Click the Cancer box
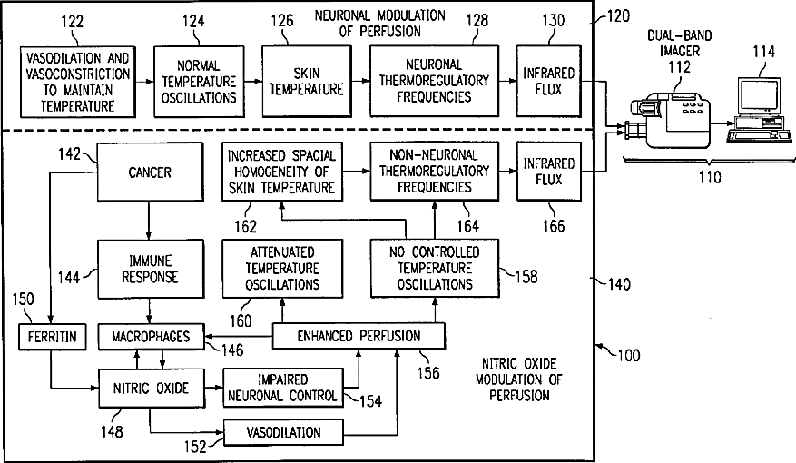150,172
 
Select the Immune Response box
149,269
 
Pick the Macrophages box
151,338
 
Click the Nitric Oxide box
151,389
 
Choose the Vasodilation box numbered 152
284,432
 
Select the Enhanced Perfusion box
359,337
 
